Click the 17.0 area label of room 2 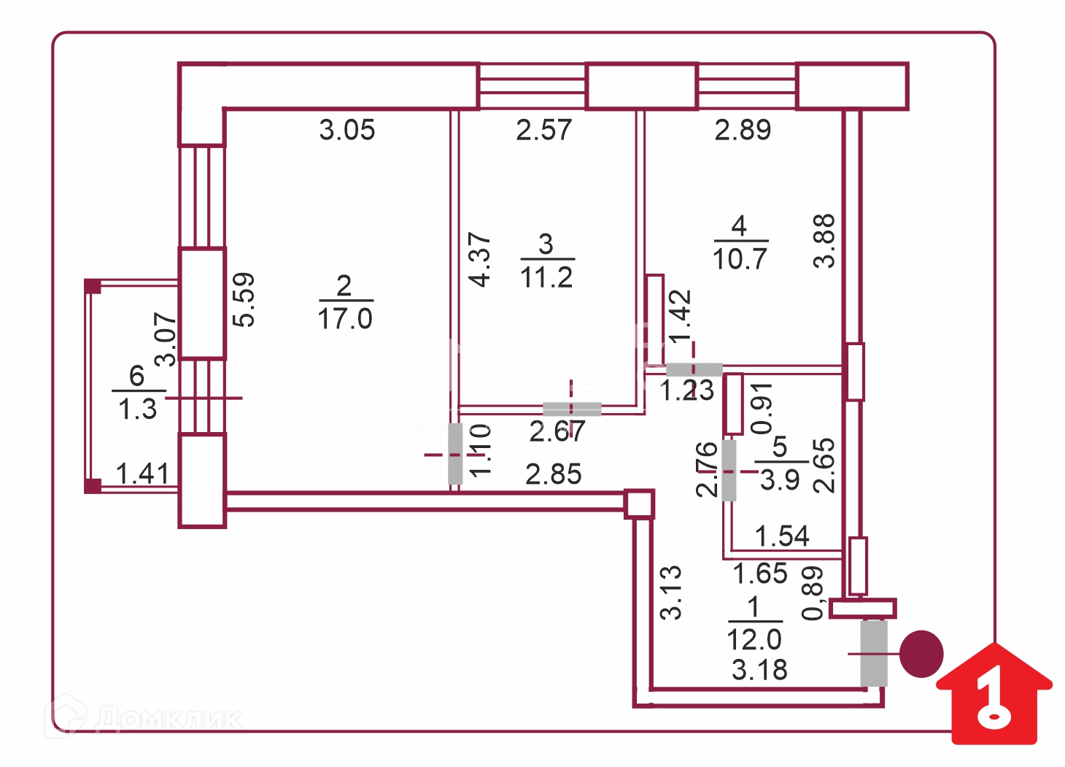click(345, 319)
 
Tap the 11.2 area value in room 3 click(546, 277)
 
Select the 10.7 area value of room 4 click(740, 259)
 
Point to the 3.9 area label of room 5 click(780, 480)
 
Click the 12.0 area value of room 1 click(754, 640)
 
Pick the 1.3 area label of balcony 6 click(138, 409)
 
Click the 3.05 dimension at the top click(347, 131)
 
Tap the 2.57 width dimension click(544, 131)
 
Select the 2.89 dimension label click(743, 131)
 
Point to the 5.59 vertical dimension click(244, 299)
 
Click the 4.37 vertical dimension click(480, 259)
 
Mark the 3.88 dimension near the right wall click(824, 241)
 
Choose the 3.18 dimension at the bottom click(759, 670)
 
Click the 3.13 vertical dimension click(671, 592)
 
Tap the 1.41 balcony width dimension click(143, 474)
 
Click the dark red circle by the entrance click(921, 654)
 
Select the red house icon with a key click(994, 695)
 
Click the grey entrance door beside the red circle click(874, 653)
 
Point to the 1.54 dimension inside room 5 click(782, 536)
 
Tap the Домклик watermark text click(169, 718)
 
